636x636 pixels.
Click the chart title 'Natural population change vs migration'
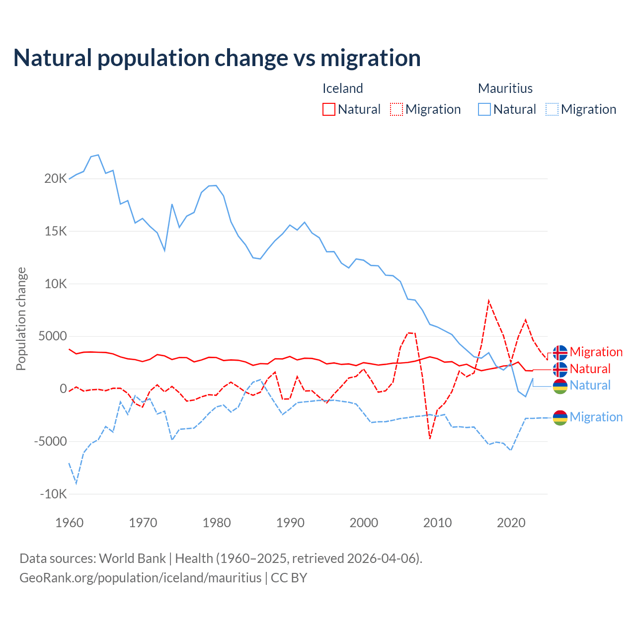coord(217,58)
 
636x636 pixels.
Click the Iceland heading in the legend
coord(342,88)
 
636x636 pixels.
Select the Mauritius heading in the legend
coord(505,88)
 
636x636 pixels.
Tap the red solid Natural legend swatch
coord(329,109)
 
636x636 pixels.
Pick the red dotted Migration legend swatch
coord(397,109)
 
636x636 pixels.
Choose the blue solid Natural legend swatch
coord(484,109)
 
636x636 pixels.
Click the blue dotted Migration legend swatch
coord(552,109)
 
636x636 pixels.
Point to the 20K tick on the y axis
coord(55,179)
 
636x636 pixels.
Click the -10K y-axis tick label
coord(53,494)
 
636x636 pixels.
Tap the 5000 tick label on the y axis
coord(53,336)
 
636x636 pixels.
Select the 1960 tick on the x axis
coord(69,523)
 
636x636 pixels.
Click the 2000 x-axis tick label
coord(364,523)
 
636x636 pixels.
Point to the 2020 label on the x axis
coord(511,523)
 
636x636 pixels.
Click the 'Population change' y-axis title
coord(21,318)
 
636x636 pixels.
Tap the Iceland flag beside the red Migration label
coord(560,352)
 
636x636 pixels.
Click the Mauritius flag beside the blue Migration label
coord(560,417)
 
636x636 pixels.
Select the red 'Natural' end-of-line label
coord(590,369)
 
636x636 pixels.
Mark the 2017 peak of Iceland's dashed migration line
coord(489,301)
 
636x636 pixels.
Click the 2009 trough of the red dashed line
coord(430,438)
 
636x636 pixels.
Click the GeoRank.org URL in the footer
coord(140,578)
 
